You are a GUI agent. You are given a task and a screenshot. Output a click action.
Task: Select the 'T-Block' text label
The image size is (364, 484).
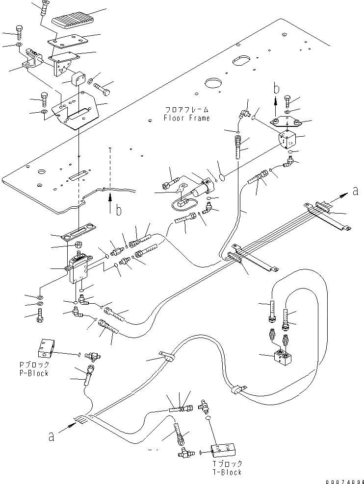click(227, 472)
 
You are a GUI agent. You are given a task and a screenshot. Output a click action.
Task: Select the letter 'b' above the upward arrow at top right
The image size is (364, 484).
click(276, 89)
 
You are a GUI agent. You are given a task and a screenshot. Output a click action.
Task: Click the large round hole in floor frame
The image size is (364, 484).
click(214, 83)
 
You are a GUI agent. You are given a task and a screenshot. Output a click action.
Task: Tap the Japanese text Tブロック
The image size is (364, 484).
click(227, 464)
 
